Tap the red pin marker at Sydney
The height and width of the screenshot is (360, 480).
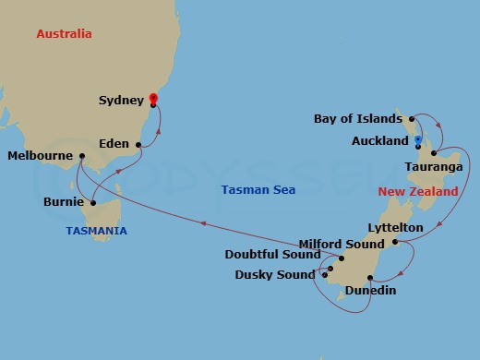(153, 98)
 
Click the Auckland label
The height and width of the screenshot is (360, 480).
(380, 141)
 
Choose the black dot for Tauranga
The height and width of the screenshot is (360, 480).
(433, 152)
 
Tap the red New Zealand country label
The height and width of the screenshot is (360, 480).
(418, 192)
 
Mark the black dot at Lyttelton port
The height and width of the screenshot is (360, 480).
(394, 243)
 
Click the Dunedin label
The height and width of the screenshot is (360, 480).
(370, 291)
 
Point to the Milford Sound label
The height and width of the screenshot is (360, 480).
(341, 244)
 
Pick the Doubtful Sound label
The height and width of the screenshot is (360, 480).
(273, 255)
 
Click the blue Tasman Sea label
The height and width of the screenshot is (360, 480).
(258, 190)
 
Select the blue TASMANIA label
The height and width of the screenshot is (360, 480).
(96, 231)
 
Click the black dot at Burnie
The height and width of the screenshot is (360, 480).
(94, 203)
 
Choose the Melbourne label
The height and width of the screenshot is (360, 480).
(40, 156)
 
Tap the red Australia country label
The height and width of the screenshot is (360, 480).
(64, 34)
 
